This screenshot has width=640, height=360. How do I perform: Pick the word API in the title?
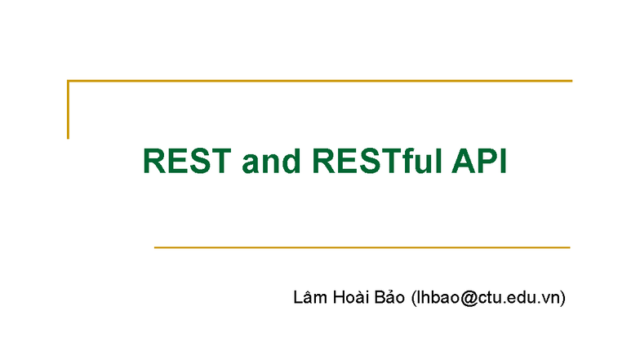pyautogui.click(x=480, y=162)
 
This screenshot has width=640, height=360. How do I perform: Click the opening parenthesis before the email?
pyautogui.click(x=414, y=298)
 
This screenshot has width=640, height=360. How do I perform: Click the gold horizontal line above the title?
pyautogui.click(x=327, y=81)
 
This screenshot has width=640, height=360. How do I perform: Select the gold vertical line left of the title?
pyautogui.click(x=68, y=110)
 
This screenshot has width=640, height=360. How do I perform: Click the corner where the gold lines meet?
pyautogui.click(x=68, y=81)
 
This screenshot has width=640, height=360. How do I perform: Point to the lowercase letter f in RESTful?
pyautogui.click(x=412, y=162)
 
